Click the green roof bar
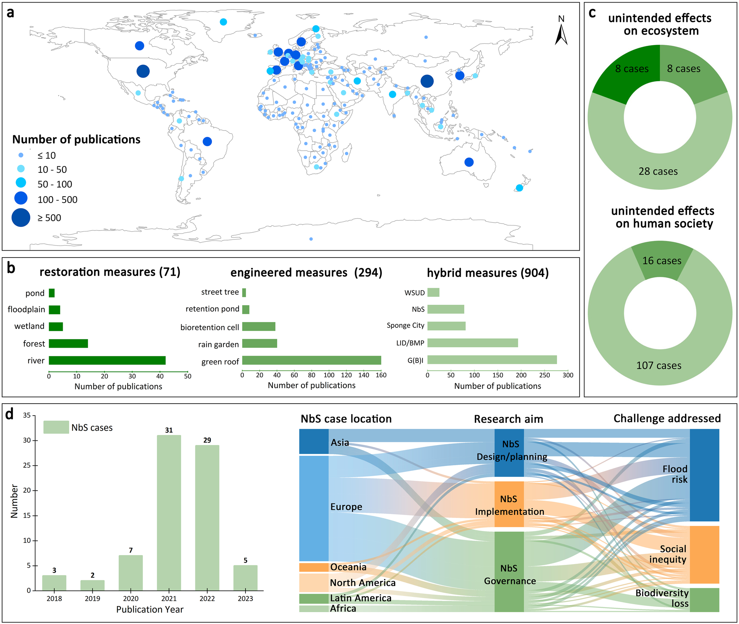pyautogui.click(x=311, y=360)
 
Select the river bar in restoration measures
pyautogui.click(x=107, y=360)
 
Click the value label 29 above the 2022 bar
pyautogui.click(x=207, y=440)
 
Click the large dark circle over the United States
pyautogui.click(x=143, y=71)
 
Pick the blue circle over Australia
pyautogui.click(x=469, y=162)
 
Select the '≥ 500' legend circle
pyautogui.click(x=21, y=217)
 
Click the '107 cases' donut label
pyautogui.click(x=659, y=365)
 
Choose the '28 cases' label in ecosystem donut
pyautogui.click(x=658, y=171)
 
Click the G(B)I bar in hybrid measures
pyautogui.click(x=492, y=360)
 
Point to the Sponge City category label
pyautogui.click(x=405, y=325)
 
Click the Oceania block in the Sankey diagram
pyautogui.click(x=314, y=567)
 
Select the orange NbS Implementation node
pyautogui.click(x=509, y=504)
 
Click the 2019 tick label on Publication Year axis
pyautogui.click(x=92, y=599)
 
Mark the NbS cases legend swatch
pyautogui.click(x=56, y=427)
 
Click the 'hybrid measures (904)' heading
pyautogui.click(x=488, y=273)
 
